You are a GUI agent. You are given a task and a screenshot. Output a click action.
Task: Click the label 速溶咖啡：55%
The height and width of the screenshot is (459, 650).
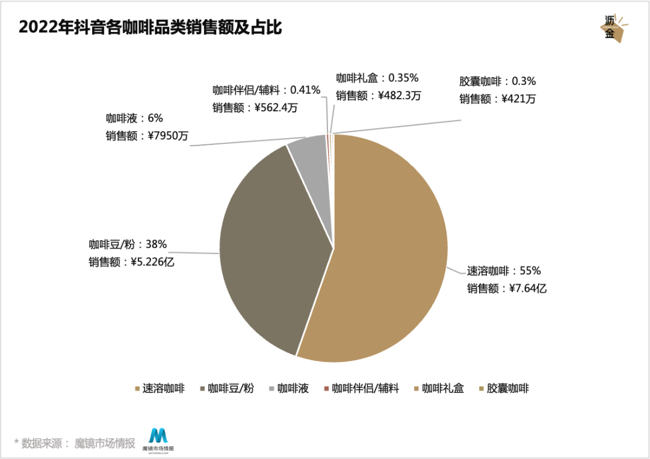[504, 271]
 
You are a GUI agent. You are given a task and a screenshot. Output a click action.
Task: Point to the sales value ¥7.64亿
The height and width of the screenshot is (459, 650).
[527, 289]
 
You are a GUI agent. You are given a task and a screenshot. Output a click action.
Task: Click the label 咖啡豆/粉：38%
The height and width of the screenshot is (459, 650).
[128, 244]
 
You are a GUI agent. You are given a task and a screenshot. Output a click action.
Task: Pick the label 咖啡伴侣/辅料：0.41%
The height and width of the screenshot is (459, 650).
[266, 90]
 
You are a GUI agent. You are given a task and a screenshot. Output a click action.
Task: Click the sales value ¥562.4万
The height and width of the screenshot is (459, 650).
[276, 108]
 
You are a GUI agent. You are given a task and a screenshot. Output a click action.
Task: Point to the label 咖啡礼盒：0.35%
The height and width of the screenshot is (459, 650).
[377, 78]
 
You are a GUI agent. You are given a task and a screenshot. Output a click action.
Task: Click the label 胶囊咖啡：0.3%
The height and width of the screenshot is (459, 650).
[497, 81]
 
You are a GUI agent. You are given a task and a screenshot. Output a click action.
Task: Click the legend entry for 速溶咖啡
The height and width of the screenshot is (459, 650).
[162, 389]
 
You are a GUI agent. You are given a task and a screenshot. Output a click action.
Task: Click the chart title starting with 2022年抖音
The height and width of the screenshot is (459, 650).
[150, 28]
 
